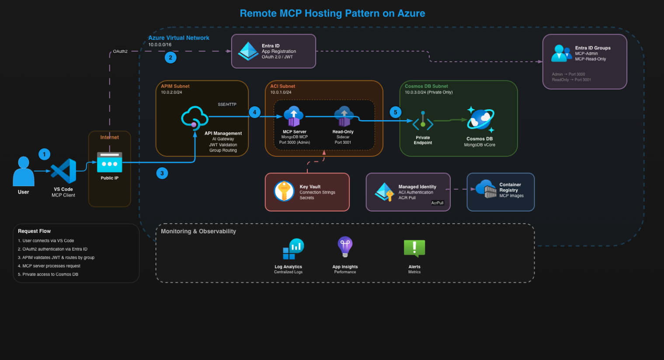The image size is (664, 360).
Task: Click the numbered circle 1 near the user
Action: (44, 154)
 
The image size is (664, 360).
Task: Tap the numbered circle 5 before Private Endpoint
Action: (396, 112)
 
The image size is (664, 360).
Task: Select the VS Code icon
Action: (63, 171)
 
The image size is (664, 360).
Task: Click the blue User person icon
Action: (24, 171)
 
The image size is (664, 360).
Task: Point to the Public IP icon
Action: (109, 162)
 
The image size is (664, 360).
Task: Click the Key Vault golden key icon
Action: (284, 191)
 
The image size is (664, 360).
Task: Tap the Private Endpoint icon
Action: (423, 123)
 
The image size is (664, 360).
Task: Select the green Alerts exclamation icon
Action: (414, 248)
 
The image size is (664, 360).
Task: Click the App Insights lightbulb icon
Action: (345, 247)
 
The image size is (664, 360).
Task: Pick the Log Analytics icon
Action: (293, 249)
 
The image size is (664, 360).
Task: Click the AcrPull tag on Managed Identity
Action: (437, 203)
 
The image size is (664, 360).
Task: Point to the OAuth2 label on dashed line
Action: (120, 52)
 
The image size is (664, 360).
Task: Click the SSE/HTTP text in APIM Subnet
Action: (227, 104)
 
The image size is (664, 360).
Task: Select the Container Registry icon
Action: (486, 189)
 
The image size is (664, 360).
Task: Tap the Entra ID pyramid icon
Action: (248, 51)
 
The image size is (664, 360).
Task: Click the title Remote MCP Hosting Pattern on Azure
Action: (332, 14)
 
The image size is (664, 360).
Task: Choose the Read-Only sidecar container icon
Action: (344, 117)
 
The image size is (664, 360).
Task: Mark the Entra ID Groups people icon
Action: (561, 53)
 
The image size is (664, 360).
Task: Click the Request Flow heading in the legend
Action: (34, 231)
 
